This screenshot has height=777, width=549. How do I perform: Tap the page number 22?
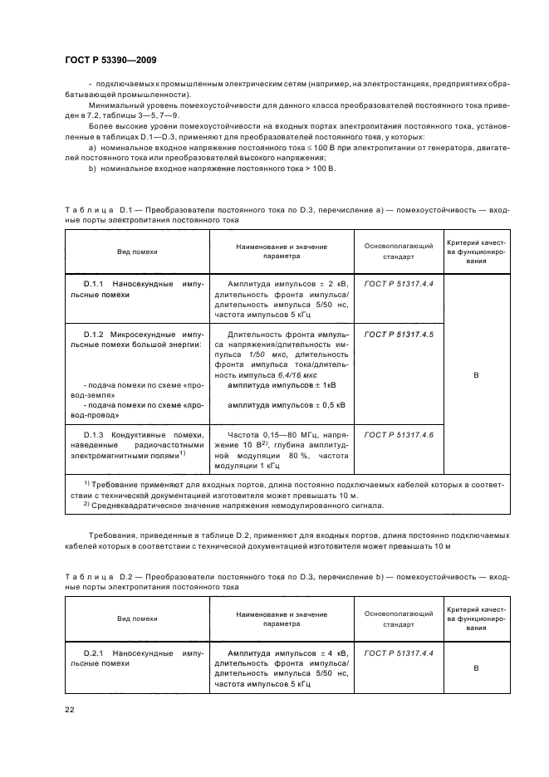tap(70, 709)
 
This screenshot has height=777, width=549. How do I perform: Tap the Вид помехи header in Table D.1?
tap(137, 251)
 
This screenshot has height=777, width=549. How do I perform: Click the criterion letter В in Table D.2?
tap(476, 667)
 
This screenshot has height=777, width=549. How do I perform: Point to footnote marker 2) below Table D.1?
tap(86, 504)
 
